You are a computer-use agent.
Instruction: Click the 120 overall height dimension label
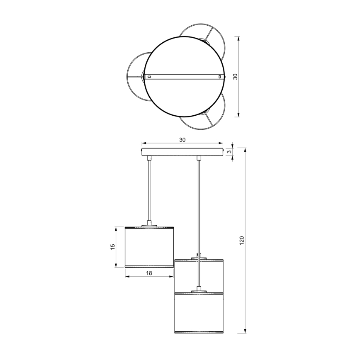point(242,240)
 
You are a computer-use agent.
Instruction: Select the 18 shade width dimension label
point(149,273)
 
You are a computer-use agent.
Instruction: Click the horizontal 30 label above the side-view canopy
point(182,140)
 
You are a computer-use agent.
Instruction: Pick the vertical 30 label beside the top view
point(235,77)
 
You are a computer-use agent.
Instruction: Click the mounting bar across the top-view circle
point(185,77)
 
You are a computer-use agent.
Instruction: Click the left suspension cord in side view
point(149,191)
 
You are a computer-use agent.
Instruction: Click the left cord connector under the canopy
point(149,158)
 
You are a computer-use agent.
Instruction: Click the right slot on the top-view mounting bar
point(219,77)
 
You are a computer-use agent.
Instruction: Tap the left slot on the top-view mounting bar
point(149,77)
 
